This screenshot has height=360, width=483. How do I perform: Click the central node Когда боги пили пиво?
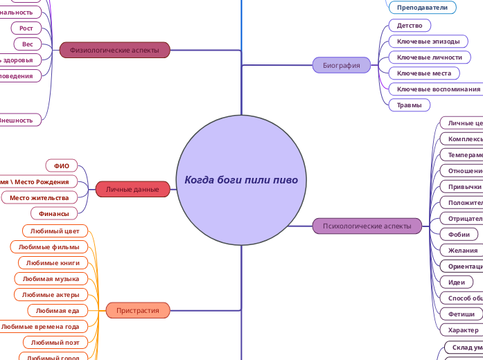pyautogui.click(x=241, y=180)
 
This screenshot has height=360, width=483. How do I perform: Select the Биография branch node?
pyautogui.click(x=342, y=66)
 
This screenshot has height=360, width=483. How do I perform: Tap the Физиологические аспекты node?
pyautogui.click(x=114, y=50)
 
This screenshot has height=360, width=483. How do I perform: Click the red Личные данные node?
pyautogui.click(x=132, y=189)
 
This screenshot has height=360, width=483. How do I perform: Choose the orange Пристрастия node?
pyautogui.click(x=137, y=310)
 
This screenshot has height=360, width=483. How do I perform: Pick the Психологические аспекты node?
pyautogui.click(x=367, y=226)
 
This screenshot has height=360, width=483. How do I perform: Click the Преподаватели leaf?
pyautogui.click(x=422, y=8)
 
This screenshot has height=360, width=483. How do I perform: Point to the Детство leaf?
pyautogui.click(x=410, y=26)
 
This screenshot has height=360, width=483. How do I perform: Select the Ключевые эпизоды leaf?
pyautogui.click(x=423, y=42)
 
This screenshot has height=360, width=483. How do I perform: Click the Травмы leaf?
pyautogui.click(x=409, y=105)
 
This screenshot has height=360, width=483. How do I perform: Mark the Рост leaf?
pyautogui.click(x=26, y=28)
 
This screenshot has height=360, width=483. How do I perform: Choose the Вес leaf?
pyautogui.click(x=28, y=44)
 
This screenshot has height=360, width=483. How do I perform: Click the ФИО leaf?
pyautogui.click(x=61, y=165)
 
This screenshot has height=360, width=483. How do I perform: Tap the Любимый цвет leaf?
pyautogui.click(x=55, y=231)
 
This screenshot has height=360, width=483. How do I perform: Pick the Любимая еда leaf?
pyautogui.click(x=58, y=311)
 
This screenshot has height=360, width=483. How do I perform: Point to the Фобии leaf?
pyautogui.click(x=459, y=235)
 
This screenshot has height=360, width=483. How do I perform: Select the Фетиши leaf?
pyautogui.click(x=461, y=314)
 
